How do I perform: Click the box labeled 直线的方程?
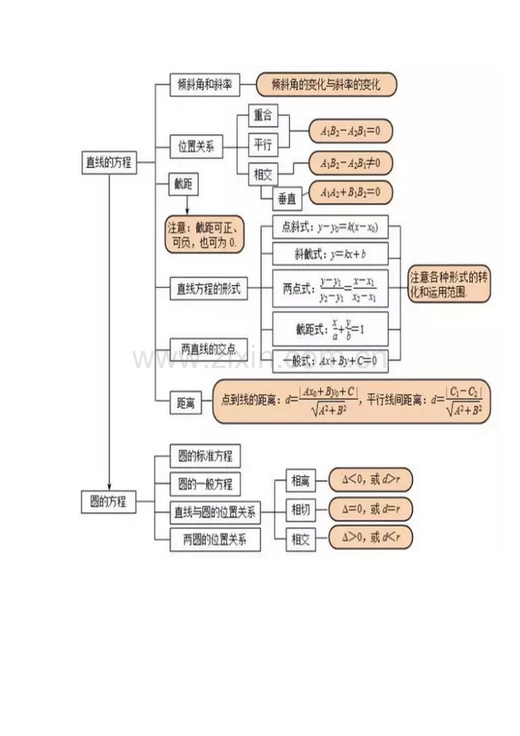pos(109,163)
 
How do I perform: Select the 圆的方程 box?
pos(109,501)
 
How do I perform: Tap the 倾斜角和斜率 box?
pos(205,86)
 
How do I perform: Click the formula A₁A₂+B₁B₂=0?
pos(350,193)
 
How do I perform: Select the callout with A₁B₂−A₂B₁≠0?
pos(350,164)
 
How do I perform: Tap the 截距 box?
pos(186,184)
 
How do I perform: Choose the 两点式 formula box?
pos(331,289)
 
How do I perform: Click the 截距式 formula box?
pos(331,329)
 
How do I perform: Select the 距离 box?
pos(186,403)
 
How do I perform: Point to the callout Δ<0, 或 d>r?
pos(371,480)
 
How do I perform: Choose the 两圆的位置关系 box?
pos(215,539)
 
